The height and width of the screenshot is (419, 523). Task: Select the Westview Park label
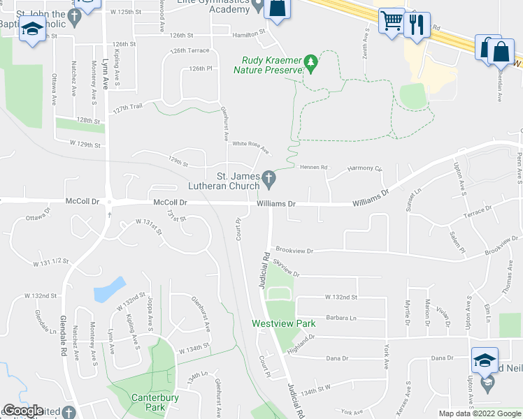click(284, 323)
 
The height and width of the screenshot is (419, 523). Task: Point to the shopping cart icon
click(392, 21)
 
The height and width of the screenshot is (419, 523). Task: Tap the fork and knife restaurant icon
click(417, 25)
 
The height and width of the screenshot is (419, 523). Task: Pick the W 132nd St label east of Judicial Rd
click(341, 297)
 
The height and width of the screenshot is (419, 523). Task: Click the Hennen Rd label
click(314, 168)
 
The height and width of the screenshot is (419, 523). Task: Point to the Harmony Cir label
click(366, 169)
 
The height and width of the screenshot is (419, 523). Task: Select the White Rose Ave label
click(250, 145)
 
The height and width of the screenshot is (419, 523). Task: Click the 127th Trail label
click(128, 108)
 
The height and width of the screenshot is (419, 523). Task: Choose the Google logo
click(23, 411)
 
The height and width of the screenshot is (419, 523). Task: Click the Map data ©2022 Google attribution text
click(480, 413)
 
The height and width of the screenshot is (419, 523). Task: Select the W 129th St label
click(85, 145)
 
